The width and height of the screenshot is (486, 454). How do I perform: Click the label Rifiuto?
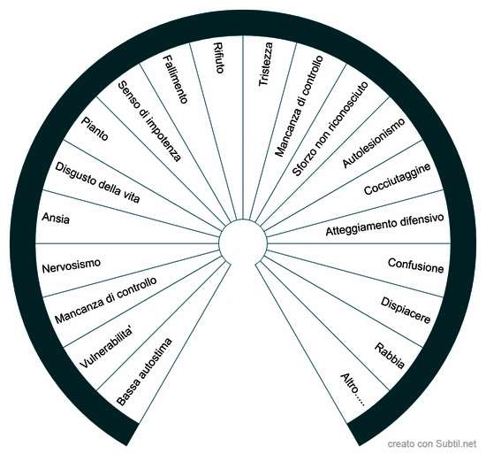pos(218,58)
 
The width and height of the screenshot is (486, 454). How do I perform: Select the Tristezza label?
pos(266,65)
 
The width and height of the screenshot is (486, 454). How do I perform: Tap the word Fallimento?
pos(176,79)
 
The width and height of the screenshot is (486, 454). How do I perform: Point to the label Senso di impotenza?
pos(149,121)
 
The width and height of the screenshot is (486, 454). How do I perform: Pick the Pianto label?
pos(95,128)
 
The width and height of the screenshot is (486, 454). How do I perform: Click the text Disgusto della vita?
pos(97,182)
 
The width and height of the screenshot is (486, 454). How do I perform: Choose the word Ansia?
pos(56,218)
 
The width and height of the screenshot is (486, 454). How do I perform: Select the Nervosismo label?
pos(72,266)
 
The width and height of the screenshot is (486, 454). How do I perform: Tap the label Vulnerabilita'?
pos(106,348)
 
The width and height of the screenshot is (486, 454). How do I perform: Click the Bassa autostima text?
pos(144,372)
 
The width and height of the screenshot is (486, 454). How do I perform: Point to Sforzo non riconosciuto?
pos(330,129)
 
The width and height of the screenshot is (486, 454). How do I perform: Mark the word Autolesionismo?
pos(374,142)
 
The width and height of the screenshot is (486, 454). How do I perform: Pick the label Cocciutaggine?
pos(398,179)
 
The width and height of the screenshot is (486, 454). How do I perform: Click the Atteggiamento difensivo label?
pos(384,225)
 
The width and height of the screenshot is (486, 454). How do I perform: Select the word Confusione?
pos(415,266)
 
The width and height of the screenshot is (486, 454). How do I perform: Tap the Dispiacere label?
pos(406,311)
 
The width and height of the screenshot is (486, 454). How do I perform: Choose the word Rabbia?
pos(390,356)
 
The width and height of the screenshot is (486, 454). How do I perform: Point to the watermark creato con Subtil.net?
pos(432,443)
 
